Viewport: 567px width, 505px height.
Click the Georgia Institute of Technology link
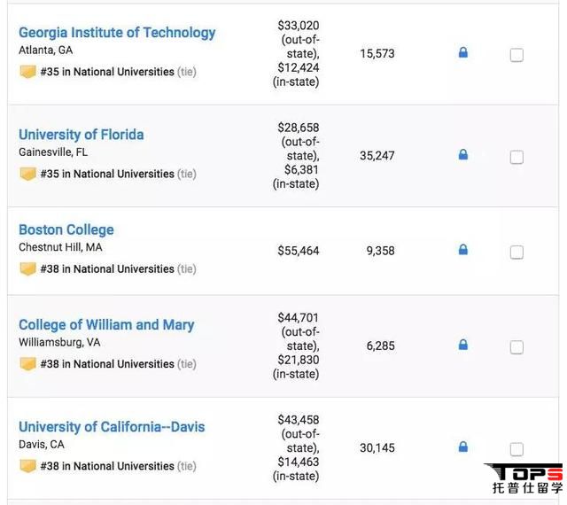click(x=117, y=33)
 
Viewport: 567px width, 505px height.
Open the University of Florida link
click(x=81, y=135)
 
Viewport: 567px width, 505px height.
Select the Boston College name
click(x=66, y=229)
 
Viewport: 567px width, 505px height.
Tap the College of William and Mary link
click(x=106, y=325)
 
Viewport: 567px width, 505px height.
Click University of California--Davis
click(x=112, y=427)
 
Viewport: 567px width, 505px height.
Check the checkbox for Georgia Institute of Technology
click(x=517, y=55)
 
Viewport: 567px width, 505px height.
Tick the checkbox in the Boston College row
click(x=517, y=252)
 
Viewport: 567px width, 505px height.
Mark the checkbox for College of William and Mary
click(x=517, y=347)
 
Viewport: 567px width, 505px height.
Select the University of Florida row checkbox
click(x=517, y=157)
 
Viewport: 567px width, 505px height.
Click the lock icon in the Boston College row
click(x=462, y=250)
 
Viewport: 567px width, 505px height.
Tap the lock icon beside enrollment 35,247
click(x=462, y=155)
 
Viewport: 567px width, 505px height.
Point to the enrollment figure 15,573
click(x=377, y=54)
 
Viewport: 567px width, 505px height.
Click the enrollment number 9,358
click(x=380, y=251)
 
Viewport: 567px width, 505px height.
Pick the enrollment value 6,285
click(x=380, y=346)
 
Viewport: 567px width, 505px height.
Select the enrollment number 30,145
click(x=377, y=447)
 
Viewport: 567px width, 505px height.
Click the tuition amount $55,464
click(x=298, y=251)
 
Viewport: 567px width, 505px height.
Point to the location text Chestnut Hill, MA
click(x=60, y=247)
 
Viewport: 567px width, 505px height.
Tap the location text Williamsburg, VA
click(x=59, y=342)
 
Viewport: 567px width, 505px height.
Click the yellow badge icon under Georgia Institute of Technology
click(x=27, y=72)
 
